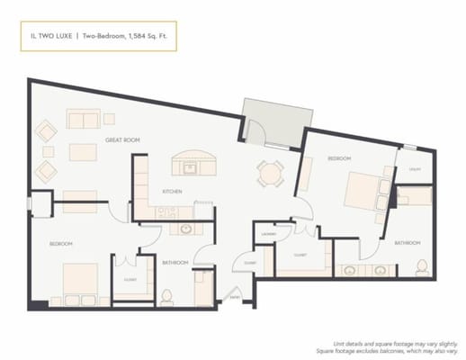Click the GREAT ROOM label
[x=121, y=139]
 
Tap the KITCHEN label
[x=173, y=192]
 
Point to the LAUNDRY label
[x=268, y=234]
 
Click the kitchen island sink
[x=191, y=167]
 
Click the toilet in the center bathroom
[x=166, y=294]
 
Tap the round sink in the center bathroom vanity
[x=186, y=229]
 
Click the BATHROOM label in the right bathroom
[x=406, y=243]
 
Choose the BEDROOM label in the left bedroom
[x=60, y=244]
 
